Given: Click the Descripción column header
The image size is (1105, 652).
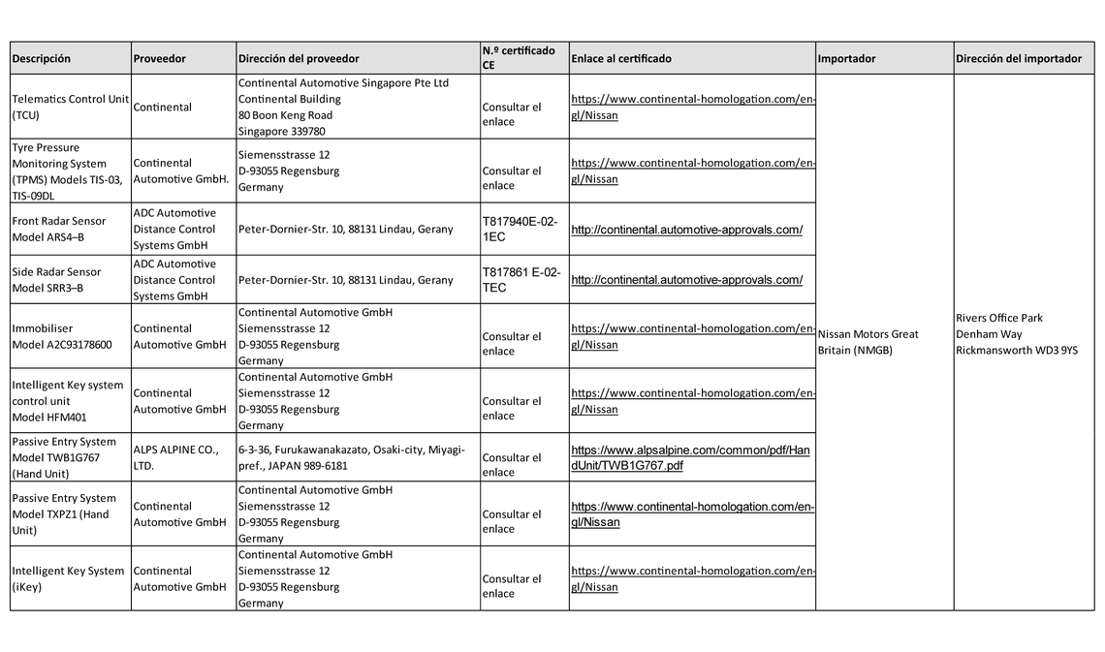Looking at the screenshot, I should tap(42, 59).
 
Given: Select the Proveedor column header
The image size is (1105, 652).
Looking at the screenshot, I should tap(160, 59).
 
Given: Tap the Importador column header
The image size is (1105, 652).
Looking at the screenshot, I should tap(846, 59).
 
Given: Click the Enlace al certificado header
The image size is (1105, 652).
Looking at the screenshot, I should tap(621, 59).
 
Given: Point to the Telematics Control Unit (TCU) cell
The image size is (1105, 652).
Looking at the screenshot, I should tap(70, 107).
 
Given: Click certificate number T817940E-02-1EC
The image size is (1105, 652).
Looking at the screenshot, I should tap(520, 229).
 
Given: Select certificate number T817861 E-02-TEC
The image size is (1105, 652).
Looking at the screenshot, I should tap(521, 280).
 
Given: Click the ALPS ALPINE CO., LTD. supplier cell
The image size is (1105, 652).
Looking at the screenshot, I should tap(175, 457).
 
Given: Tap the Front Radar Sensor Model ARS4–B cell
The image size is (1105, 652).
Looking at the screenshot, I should tap(59, 229).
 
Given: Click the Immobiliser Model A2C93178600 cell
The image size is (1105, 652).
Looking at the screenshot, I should tap(62, 336).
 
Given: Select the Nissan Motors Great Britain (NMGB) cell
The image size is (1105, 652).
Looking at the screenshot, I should tap(868, 342).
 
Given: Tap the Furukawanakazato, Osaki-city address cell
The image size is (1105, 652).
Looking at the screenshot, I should tap(351, 457).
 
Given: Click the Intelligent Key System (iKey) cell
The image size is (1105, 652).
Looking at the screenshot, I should tap(68, 578).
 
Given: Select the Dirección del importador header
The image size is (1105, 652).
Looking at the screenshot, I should tap(1018, 59).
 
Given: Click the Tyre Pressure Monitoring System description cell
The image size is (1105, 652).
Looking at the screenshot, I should tap(67, 171).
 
